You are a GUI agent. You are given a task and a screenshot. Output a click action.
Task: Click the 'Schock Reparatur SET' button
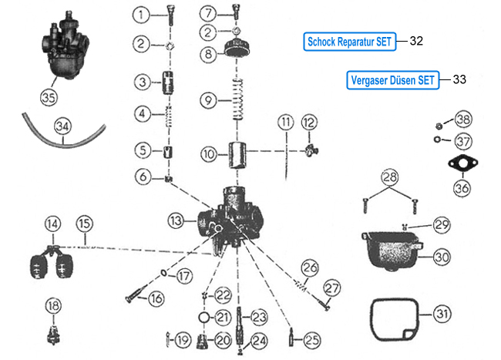click(x=349, y=42)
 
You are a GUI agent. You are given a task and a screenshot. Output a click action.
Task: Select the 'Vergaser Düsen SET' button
click(x=393, y=79)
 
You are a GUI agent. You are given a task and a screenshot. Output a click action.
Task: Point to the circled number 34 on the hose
click(x=62, y=126)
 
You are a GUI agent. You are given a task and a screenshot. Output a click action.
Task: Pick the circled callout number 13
click(x=177, y=221)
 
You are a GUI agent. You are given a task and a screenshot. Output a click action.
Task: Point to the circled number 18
click(x=52, y=306)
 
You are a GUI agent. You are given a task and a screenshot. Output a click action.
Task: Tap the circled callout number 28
click(x=391, y=178)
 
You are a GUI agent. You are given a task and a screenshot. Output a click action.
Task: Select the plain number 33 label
click(x=459, y=79)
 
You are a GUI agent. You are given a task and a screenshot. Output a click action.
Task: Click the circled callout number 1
click(x=140, y=14)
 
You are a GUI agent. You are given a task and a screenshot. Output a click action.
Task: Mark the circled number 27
click(x=331, y=288)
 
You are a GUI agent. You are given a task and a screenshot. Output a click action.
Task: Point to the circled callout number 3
click(x=140, y=82)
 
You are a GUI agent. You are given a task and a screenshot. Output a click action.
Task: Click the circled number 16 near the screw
click(x=156, y=298)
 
